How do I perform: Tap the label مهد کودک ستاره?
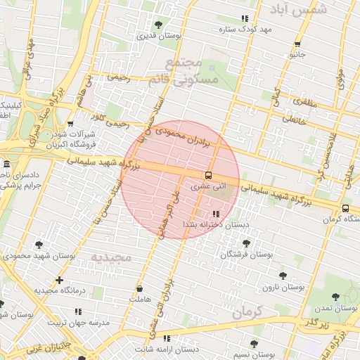245,29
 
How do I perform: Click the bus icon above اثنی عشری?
208,176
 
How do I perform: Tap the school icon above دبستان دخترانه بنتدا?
215,214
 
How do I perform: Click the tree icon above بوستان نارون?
283,276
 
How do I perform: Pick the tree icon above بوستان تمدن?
335,296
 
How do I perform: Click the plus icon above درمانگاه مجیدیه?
59,280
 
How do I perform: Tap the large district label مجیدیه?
110,257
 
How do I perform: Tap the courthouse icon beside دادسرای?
6,163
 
